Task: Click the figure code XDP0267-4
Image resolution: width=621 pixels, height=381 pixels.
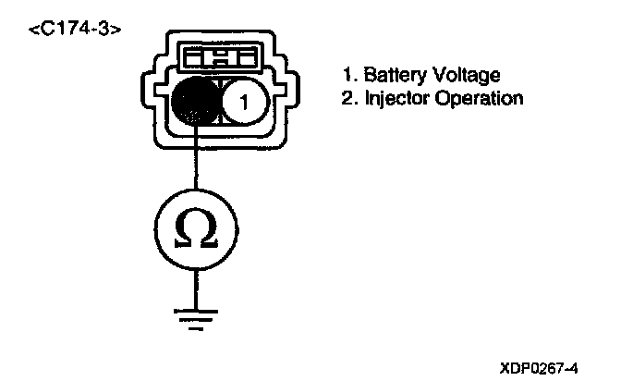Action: point(541,366)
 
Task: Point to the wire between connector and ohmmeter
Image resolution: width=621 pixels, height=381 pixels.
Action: point(196,162)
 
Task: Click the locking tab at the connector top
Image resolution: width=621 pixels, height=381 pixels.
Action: point(221,58)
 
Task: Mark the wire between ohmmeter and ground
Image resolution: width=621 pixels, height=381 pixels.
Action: point(196,281)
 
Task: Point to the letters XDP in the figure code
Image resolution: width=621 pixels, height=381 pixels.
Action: point(516,366)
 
